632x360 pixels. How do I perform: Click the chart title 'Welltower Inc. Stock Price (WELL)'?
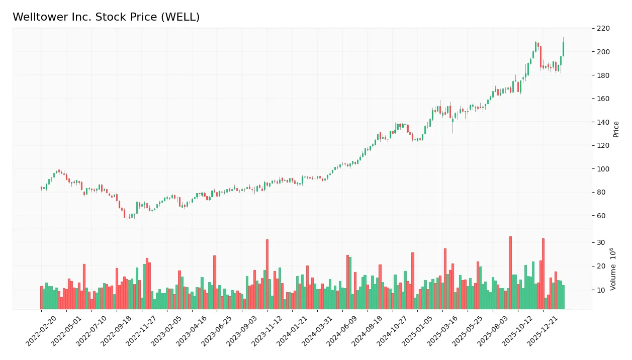point(106,17)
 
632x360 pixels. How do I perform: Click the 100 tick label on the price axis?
point(603,52)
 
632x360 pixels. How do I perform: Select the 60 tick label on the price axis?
point(601,216)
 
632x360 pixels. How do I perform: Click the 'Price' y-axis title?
point(616,129)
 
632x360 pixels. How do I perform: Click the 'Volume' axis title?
point(613,269)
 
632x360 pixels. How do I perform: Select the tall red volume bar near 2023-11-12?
point(267,274)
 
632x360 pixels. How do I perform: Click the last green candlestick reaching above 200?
point(563,49)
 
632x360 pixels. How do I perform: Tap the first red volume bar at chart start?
point(42,297)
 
